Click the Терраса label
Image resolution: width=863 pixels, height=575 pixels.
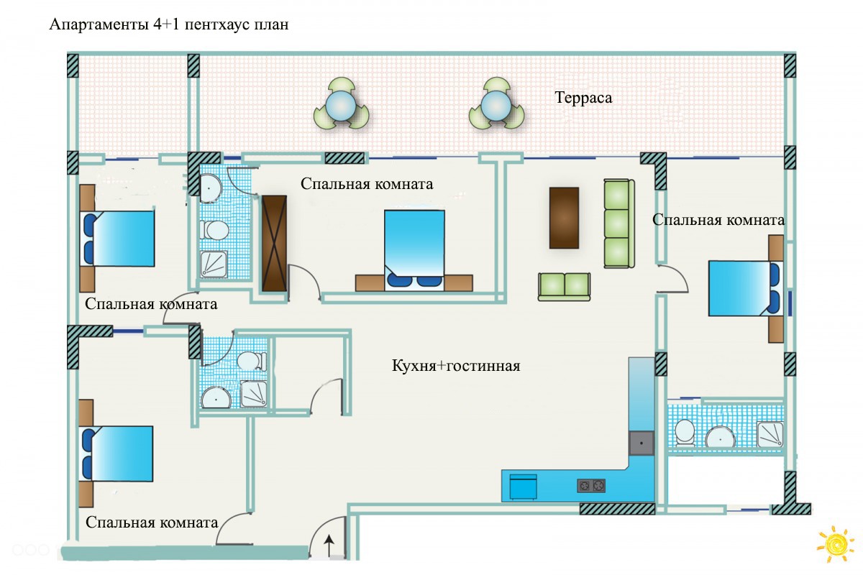(583, 98)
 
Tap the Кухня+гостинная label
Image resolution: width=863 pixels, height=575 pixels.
(455, 366)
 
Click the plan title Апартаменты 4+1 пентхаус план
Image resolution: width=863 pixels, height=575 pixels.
(169, 25)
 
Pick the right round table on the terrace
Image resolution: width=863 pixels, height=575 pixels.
(496, 107)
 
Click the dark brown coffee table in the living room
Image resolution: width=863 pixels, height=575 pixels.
(564, 217)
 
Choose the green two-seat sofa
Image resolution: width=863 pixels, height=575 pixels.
(565, 285)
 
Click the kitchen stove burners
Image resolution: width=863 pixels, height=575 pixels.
(590, 486)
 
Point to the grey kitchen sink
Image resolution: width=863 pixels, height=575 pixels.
(641, 442)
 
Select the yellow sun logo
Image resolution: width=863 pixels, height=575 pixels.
(835, 544)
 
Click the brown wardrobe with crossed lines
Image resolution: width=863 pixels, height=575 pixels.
(274, 244)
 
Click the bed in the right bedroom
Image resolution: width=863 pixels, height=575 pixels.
(743, 287)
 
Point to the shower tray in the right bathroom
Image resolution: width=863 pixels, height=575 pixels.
(770, 434)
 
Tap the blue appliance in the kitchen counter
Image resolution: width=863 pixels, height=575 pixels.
(523, 486)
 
